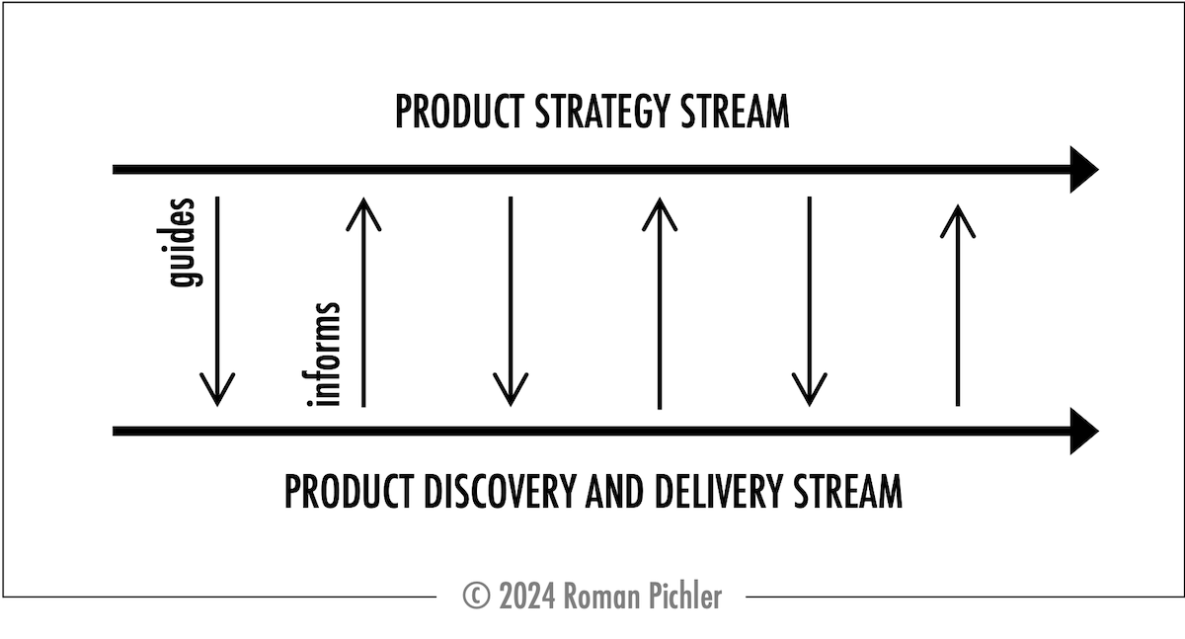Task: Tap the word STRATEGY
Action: pos(602,112)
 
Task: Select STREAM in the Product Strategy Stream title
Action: pos(735,112)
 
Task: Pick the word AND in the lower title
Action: pos(614,492)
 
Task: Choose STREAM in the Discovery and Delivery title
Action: pos(847,492)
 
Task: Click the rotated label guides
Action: pos(180,243)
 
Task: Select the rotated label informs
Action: pos(321,355)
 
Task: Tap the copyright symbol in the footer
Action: pos(476,596)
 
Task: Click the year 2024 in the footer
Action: pos(527,596)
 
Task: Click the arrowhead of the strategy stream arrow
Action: pos(1084,170)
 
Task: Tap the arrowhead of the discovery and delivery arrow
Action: pos(1084,432)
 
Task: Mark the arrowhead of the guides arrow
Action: pos(217,390)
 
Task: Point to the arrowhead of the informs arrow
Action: pos(363,214)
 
